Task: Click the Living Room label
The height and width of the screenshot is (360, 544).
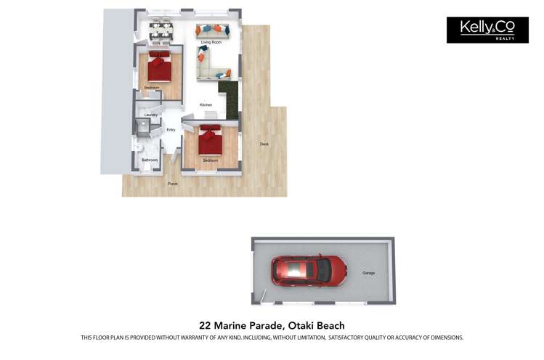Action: pos(211,43)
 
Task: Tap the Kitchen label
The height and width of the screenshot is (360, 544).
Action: pos(206,105)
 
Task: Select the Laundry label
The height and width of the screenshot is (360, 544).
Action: pos(151,115)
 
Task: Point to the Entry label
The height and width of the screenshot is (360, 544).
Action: pos(171,130)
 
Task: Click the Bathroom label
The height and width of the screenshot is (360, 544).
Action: pos(150,160)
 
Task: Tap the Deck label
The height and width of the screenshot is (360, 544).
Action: pos(264,144)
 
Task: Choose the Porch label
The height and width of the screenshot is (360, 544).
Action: pos(173,184)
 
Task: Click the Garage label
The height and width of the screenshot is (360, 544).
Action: pos(369,273)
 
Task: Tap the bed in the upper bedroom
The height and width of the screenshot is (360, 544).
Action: pos(159,67)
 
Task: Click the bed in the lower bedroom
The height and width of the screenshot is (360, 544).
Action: pos(210,141)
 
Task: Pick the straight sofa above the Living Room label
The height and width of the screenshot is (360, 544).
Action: pos(213,30)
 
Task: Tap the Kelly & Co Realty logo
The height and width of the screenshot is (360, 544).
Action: pos(487,30)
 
